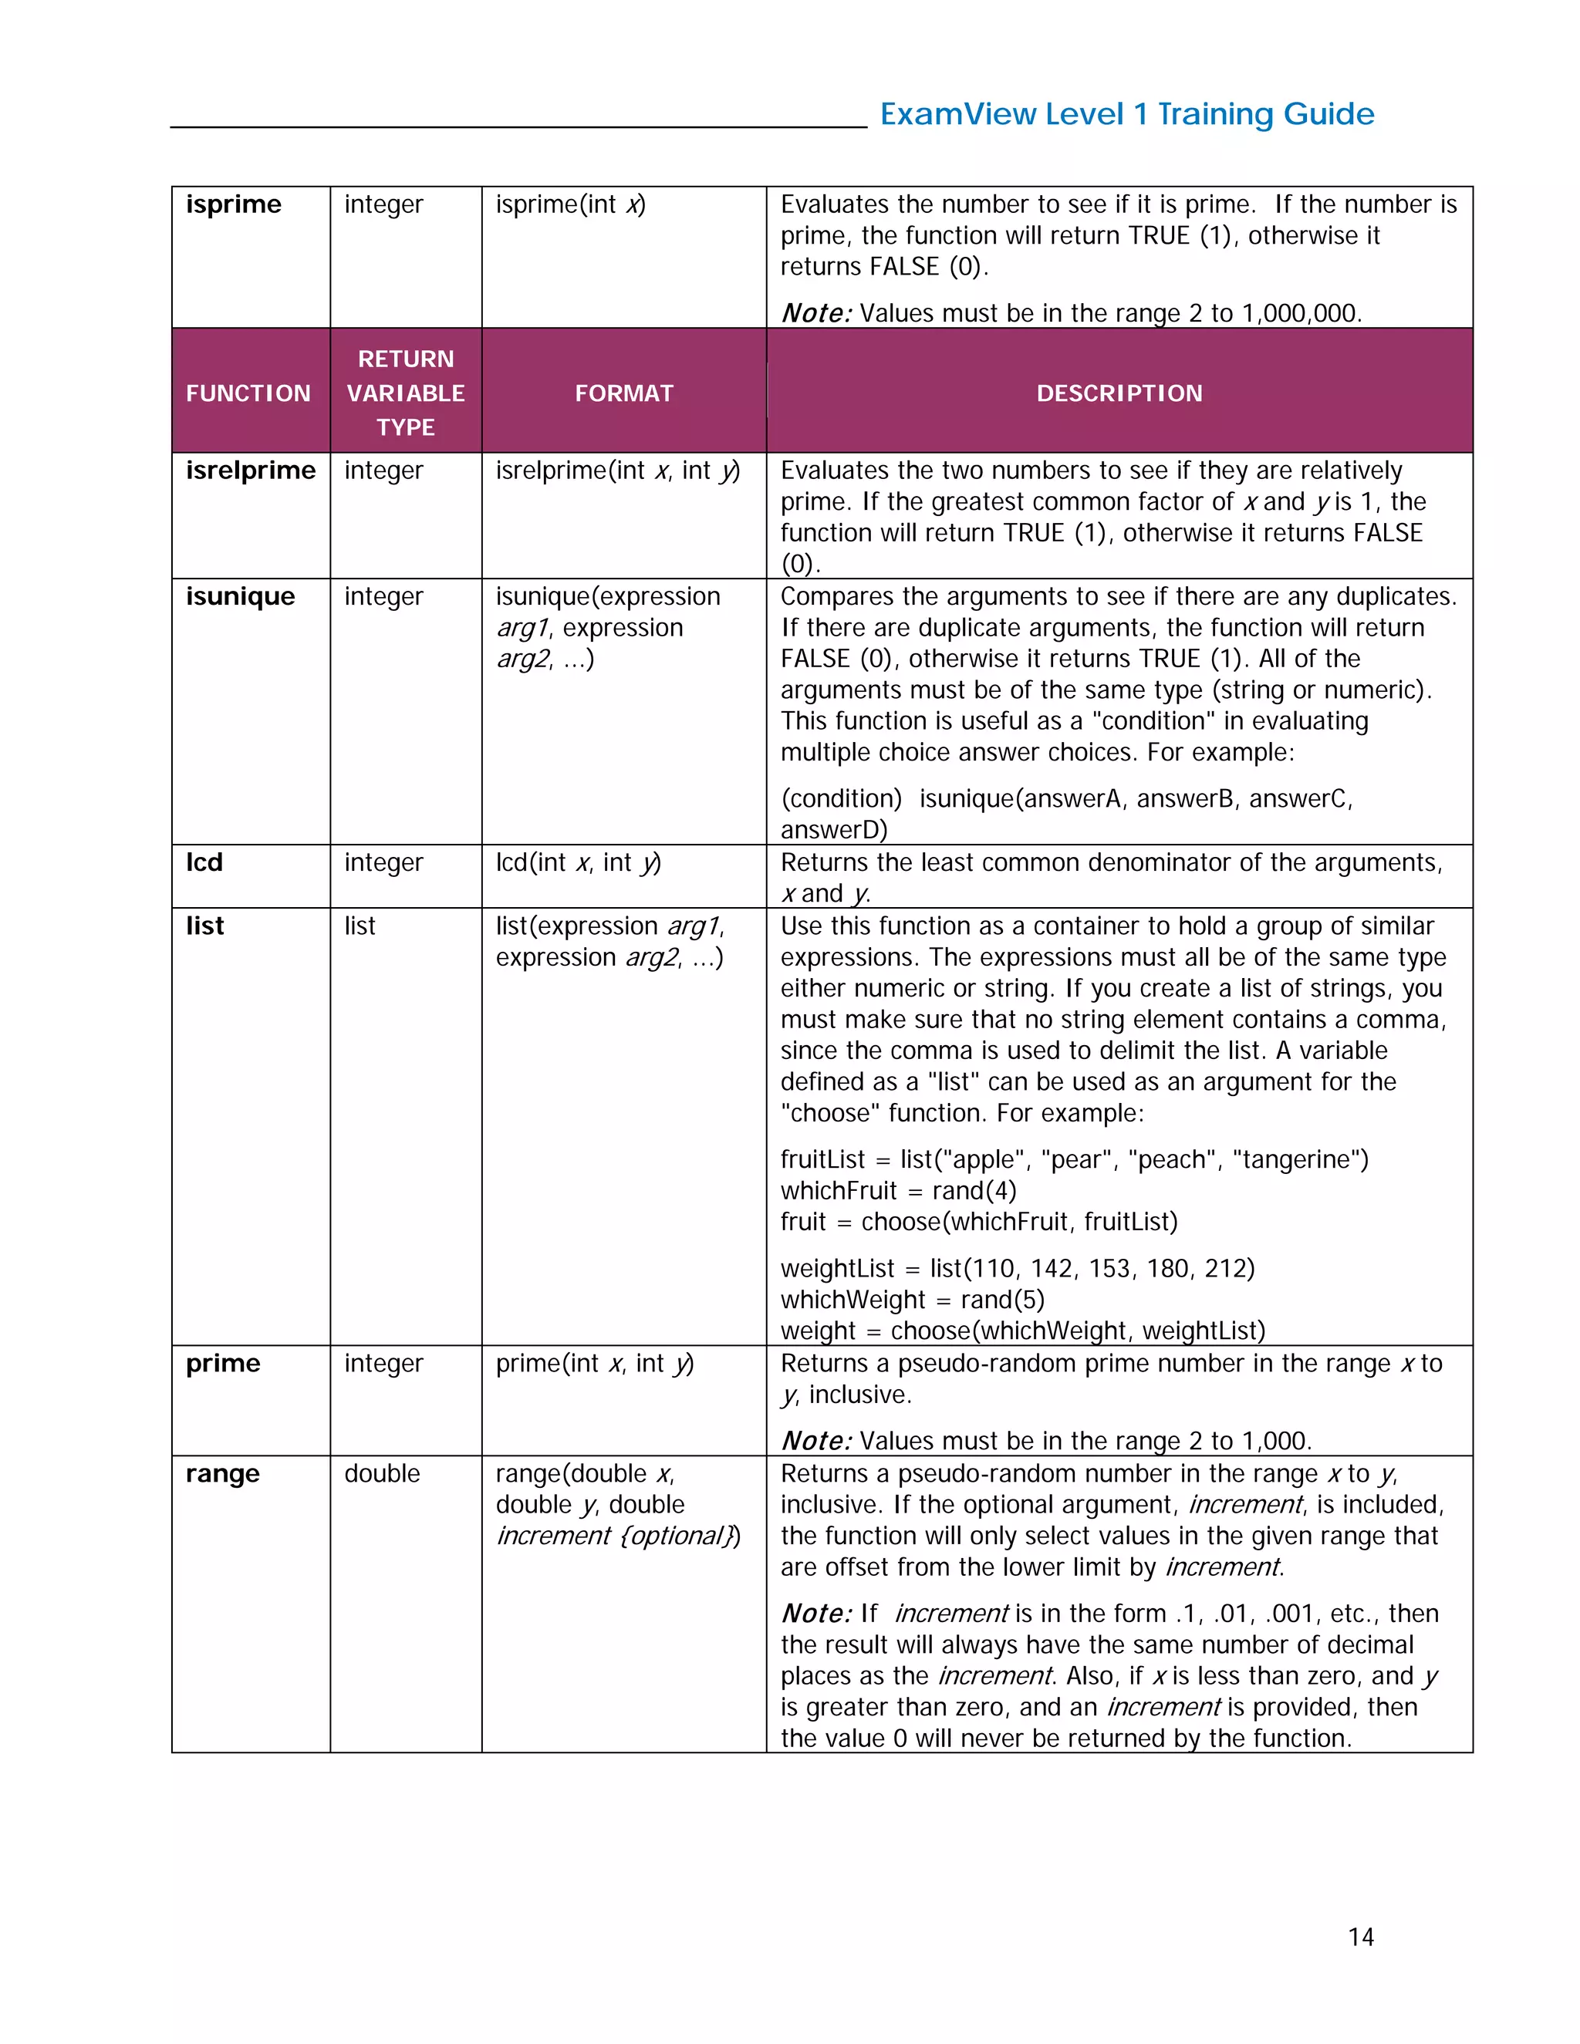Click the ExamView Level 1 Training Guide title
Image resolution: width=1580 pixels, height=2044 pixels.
tap(1126, 114)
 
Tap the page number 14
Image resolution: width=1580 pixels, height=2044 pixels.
tap(1360, 1936)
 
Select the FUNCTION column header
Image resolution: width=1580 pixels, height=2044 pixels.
tap(248, 393)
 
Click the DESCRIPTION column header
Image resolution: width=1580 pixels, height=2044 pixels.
tap(1119, 393)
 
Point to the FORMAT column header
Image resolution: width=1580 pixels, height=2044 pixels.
tap(623, 393)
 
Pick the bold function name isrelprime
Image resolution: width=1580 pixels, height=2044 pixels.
tap(251, 470)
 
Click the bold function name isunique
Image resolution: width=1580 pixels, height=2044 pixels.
tap(241, 596)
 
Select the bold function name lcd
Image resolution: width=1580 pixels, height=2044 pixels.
tap(204, 862)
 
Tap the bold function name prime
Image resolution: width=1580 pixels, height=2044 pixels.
tap(223, 1363)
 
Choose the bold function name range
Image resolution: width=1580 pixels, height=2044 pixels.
tap(222, 1473)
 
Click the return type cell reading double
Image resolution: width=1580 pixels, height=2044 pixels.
tap(382, 1473)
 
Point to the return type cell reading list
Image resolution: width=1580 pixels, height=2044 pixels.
tap(360, 926)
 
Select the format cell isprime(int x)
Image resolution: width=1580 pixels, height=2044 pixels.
tap(570, 204)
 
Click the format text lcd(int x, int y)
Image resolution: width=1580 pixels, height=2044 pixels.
tap(578, 862)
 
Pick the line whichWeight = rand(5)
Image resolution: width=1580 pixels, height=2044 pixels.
tap(912, 1299)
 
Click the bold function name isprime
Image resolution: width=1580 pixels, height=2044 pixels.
tap(233, 204)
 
